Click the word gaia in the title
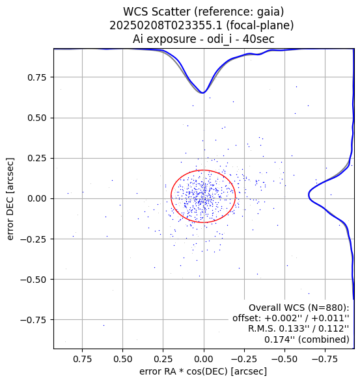point(271,12)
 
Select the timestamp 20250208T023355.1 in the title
point(166,25)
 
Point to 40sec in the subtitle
point(258,39)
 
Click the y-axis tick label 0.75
point(36,77)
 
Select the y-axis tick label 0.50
point(36,118)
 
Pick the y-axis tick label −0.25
point(33,239)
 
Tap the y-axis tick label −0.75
point(33,320)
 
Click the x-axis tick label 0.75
point(82,359)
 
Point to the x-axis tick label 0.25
point(163,359)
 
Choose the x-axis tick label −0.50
point(284,359)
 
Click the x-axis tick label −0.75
point(325,359)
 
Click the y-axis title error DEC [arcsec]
point(10,199)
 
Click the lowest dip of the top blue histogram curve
point(203,93)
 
